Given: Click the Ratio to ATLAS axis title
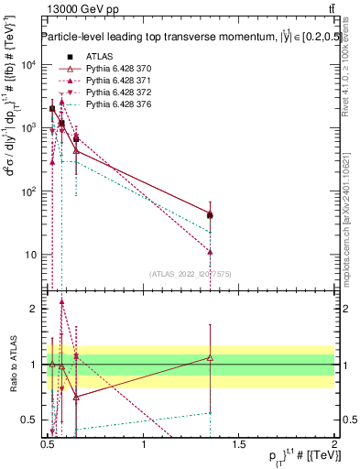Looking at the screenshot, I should tap(12, 365).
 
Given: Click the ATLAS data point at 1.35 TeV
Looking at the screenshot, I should tap(211, 215).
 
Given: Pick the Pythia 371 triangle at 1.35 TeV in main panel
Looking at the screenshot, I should tap(211, 251).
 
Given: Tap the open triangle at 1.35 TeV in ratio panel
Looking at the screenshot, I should tap(211, 357).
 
